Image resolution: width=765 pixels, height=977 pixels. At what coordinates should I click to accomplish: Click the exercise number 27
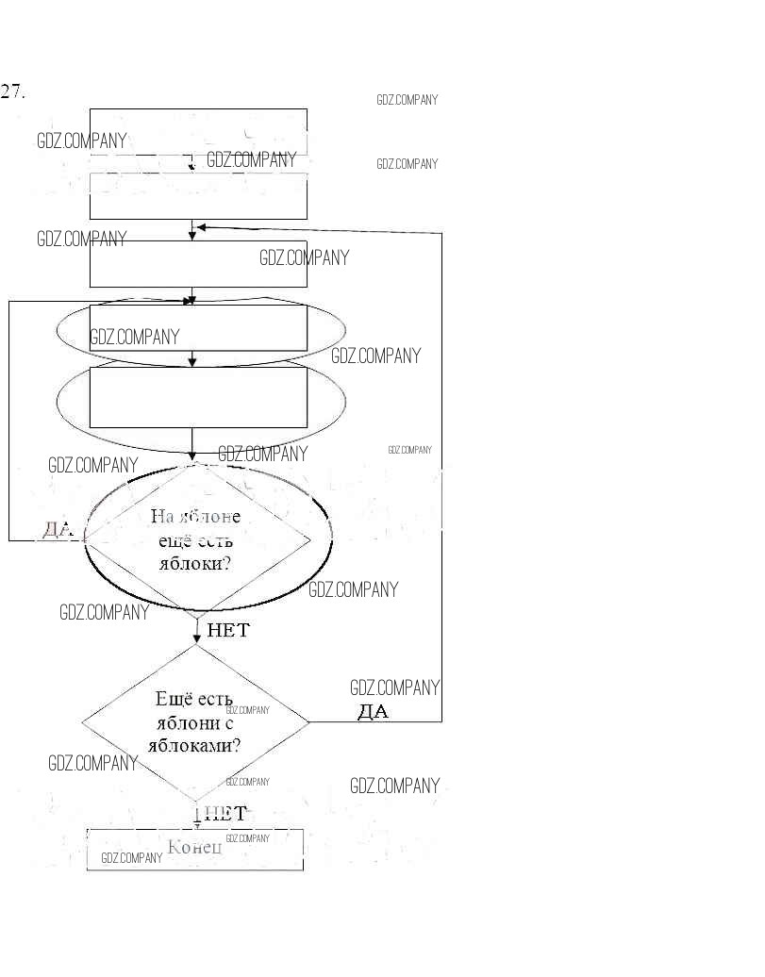tap(12, 91)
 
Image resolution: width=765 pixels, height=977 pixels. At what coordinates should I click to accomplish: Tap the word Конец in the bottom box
tap(194, 847)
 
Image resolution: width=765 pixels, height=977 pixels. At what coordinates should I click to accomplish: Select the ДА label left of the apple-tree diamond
tap(58, 529)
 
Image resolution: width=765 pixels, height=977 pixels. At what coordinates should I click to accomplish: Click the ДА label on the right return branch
tap(373, 711)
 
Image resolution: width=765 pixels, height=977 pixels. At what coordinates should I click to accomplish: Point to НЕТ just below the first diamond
tap(228, 630)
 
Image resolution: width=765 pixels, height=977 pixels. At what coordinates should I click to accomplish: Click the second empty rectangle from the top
tap(198, 196)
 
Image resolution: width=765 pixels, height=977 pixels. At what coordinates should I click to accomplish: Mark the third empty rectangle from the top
tap(198, 263)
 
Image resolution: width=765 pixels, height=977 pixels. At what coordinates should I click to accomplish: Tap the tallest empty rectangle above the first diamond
tap(198, 397)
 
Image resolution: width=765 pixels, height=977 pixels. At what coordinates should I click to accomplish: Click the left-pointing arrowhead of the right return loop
tap(202, 227)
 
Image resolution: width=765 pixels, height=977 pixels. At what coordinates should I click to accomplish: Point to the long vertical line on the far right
tap(441, 472)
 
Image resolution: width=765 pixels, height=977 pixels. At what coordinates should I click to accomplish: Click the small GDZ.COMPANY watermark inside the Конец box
tap(131, 858)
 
